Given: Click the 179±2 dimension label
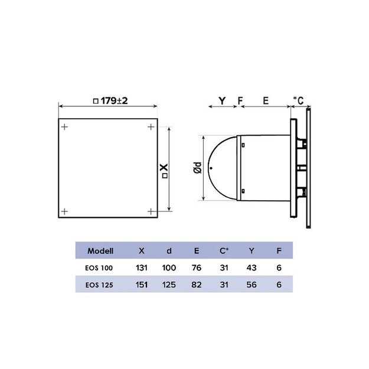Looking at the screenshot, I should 110,101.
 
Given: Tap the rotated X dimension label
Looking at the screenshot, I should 164,171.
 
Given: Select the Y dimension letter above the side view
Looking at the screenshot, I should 221,101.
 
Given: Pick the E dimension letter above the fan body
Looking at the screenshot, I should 266,101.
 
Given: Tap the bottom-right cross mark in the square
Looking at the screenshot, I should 151,211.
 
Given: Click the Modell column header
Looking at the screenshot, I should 100,250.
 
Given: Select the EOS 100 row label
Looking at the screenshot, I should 99,267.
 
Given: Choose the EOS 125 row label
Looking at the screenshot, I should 99,285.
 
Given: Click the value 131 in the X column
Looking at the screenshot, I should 141,267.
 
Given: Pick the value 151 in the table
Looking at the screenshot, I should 141,285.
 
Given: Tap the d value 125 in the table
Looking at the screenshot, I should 169,285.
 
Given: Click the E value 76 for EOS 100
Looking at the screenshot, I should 197,267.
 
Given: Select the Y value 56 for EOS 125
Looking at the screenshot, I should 252,285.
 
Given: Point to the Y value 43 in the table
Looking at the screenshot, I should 252,267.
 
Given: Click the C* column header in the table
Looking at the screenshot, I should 224,250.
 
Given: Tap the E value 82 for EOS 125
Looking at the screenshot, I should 197,285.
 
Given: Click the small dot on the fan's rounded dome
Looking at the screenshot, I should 211,168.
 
